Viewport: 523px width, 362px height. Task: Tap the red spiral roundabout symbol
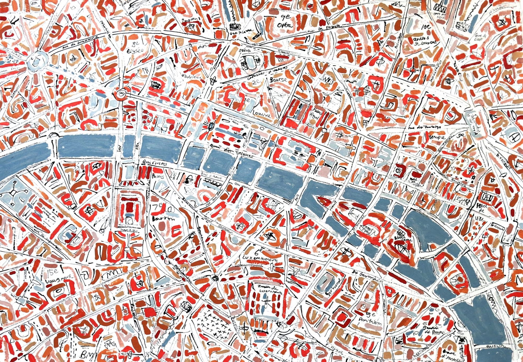pyautogui.click(x=122, y=93)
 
